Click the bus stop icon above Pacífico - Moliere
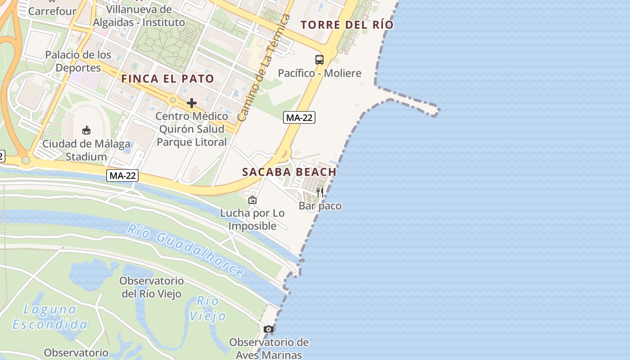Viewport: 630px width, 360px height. click(319, 59)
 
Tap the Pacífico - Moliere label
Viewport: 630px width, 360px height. click(319, 73)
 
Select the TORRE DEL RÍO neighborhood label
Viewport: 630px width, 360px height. click(347, 25)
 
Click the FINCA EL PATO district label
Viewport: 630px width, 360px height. click(167, 79)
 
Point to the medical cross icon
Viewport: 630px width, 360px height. click(192, 103)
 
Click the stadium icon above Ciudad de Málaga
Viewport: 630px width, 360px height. click(86, 130)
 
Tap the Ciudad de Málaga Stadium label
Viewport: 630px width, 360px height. click(86, 150)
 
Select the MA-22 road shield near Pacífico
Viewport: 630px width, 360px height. click(299, 118)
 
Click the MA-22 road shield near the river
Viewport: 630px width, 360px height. click(122, 175)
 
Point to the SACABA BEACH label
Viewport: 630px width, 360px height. click(289, 172)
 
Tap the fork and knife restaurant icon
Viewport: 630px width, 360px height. click(320, 193)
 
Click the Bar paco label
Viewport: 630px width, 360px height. click(320, 206)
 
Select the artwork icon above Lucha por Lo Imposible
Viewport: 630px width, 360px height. click(252, 200)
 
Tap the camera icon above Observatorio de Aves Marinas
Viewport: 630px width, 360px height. click(269, 329)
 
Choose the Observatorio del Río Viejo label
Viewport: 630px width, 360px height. click(152, 287)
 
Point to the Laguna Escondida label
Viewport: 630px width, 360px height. click(50, 317)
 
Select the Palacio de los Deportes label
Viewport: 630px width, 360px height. click(78, 61)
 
